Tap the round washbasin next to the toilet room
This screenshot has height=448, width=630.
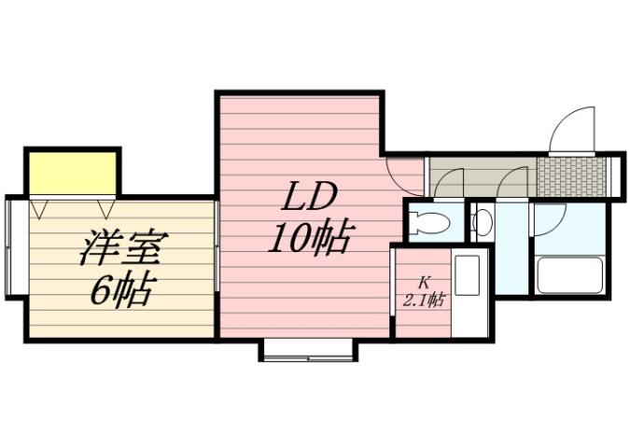pyautogui.click(x=483, y=223)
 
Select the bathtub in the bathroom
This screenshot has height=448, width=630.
pyautogui.click(x=571, y=275)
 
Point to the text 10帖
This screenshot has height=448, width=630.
pyautogui.click(x=309, y=240)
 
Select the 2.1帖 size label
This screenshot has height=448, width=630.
pyautogui.click(x=423, y=301)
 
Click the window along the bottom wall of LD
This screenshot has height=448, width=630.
pyautogui.click(x=307, y=350)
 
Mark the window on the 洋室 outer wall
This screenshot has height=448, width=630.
pyautogui.click(x=10, y=246)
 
